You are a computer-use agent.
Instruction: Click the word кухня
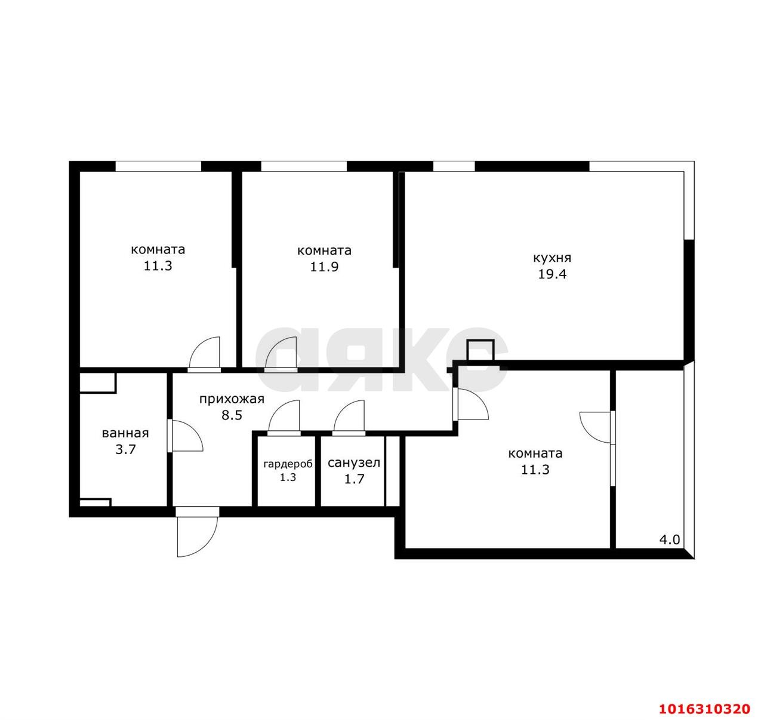coord(552,258)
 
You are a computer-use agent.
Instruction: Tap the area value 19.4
coord(552,275)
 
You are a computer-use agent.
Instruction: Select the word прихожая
coord(232,400)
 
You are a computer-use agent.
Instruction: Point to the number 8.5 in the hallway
coord(232,415)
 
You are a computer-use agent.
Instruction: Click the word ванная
coord(125,433)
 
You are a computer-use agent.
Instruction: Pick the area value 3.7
coord(125,449)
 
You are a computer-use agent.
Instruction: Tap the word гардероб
coord(288,465)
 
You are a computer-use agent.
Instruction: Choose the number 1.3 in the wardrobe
coord(288,477)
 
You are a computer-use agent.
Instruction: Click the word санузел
coord(353,463)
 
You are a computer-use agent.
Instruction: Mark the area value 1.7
coord(354,479)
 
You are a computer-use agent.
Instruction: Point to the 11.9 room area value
coord(324,267)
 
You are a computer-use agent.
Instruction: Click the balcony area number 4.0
coord(670,540)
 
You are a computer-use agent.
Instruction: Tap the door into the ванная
coord(185,436)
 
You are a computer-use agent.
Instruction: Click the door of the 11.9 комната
coord(281,354)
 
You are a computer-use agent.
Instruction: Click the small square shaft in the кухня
coord(480,350)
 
